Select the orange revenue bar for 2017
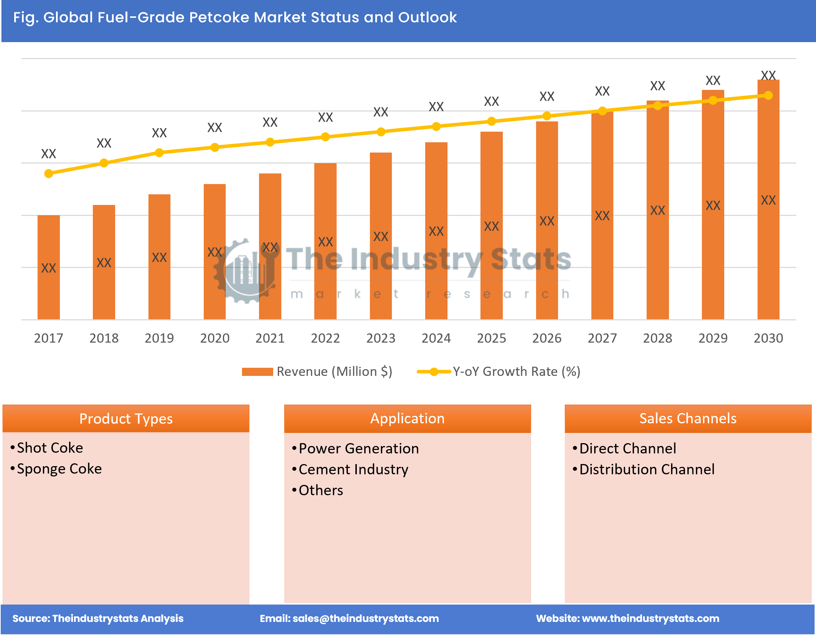tap(49, 267)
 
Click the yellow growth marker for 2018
tap(104, 163)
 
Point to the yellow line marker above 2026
tap(547, 116)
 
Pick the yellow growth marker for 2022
tap(325, 137)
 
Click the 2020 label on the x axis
tap(214, 338)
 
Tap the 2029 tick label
tap(713, 338)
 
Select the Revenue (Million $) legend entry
tap(317, 371)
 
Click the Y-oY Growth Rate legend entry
tap(499, 371)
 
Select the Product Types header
tap(126, 418)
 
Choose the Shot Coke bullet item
tap(50, 448)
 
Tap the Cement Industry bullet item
tap(353, 469)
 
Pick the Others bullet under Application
tap(321, 490)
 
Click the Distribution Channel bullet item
tap(646, 469)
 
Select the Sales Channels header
tap(688, 418)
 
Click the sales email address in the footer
tap(365, 619)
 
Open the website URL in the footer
tap(651, 619)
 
